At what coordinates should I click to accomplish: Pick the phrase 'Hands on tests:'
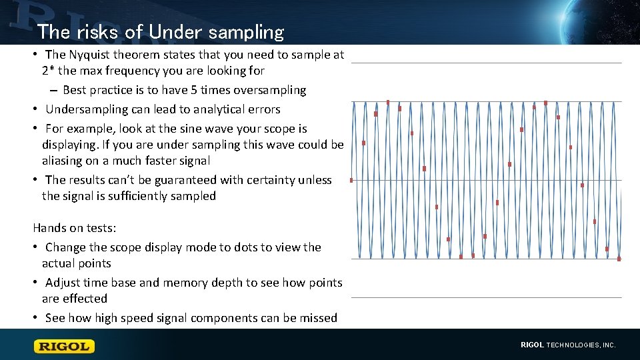coord(75,228)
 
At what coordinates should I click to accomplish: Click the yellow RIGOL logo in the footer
coord(65,346)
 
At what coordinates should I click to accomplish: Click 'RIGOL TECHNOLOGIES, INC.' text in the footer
coord(568,345)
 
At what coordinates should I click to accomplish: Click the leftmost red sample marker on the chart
coord(351,180)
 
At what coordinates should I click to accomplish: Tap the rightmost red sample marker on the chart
coord(619,259)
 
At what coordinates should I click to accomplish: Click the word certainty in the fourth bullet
coord(271,180)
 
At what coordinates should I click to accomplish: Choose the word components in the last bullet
coord(223,318)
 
